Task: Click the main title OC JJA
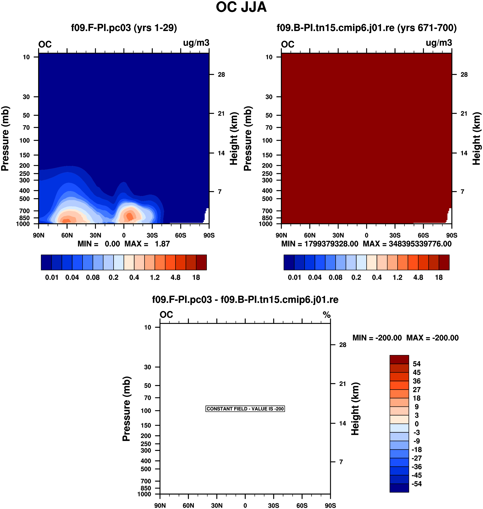point(241,7)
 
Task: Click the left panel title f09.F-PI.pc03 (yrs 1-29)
point(124,28)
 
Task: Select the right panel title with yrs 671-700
point(366,28)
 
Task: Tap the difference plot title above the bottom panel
point(245,300)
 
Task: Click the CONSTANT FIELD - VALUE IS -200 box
point(245,409)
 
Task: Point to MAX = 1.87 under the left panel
point(147,244)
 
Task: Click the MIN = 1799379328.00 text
point(320,244)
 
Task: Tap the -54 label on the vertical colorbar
point(417,484)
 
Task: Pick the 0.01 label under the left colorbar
point(52,278)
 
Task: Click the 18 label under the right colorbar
point(439,278)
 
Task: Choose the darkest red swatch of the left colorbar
point(201,262)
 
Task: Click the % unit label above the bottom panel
point(327,315)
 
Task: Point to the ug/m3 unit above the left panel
point(196,43)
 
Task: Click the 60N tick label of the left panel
point(67,235)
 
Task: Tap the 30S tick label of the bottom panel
point(273,505)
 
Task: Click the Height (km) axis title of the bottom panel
point(355,409)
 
